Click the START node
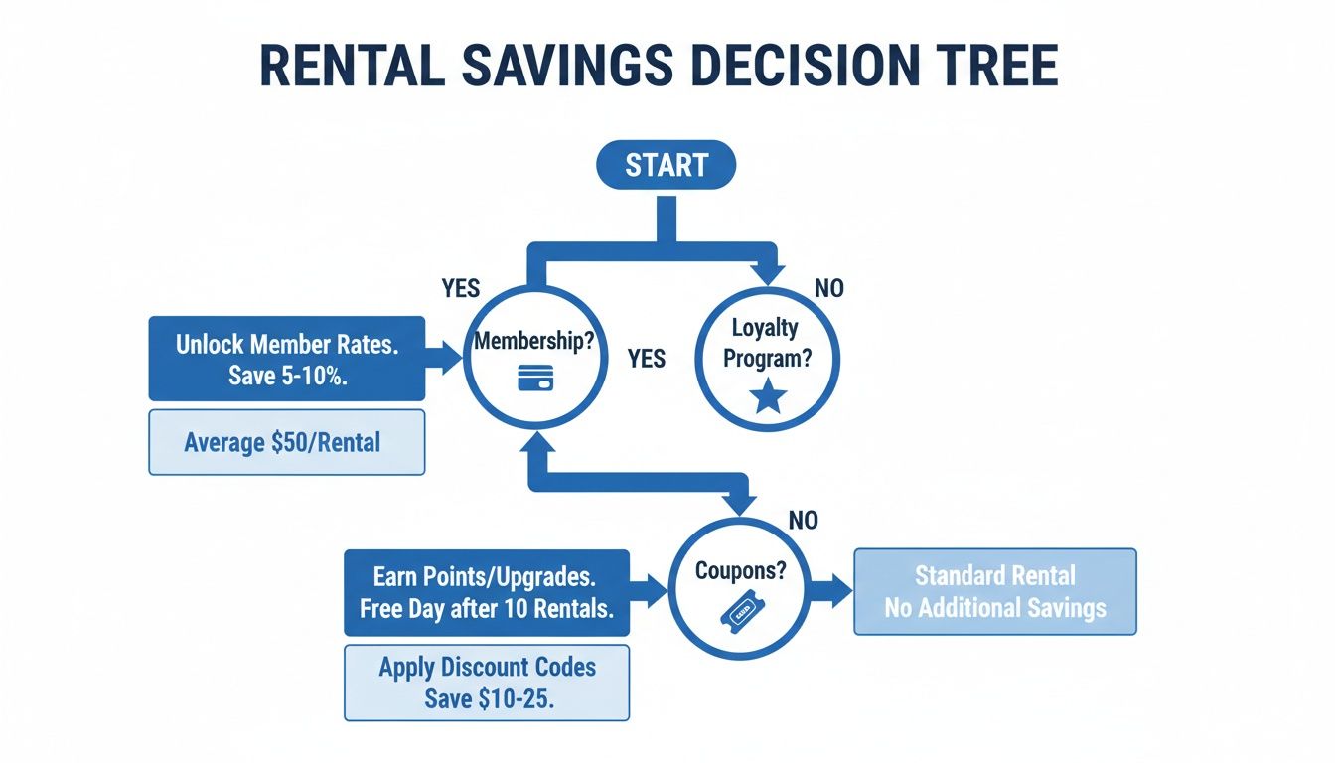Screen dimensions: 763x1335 666,165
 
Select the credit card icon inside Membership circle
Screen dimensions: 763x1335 534,379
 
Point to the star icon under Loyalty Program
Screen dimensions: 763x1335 769,397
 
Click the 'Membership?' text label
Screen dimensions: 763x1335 534,340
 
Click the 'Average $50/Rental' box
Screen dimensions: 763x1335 287,442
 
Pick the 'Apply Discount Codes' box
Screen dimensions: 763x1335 487,683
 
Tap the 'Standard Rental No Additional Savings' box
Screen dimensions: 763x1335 994,592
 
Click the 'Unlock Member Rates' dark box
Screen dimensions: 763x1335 287,358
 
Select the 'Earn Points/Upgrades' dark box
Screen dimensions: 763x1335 487,592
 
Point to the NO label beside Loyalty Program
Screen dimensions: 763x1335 828,288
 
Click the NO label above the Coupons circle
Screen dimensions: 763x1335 803,520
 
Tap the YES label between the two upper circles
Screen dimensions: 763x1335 647,358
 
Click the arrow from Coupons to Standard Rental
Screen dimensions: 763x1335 831,592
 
